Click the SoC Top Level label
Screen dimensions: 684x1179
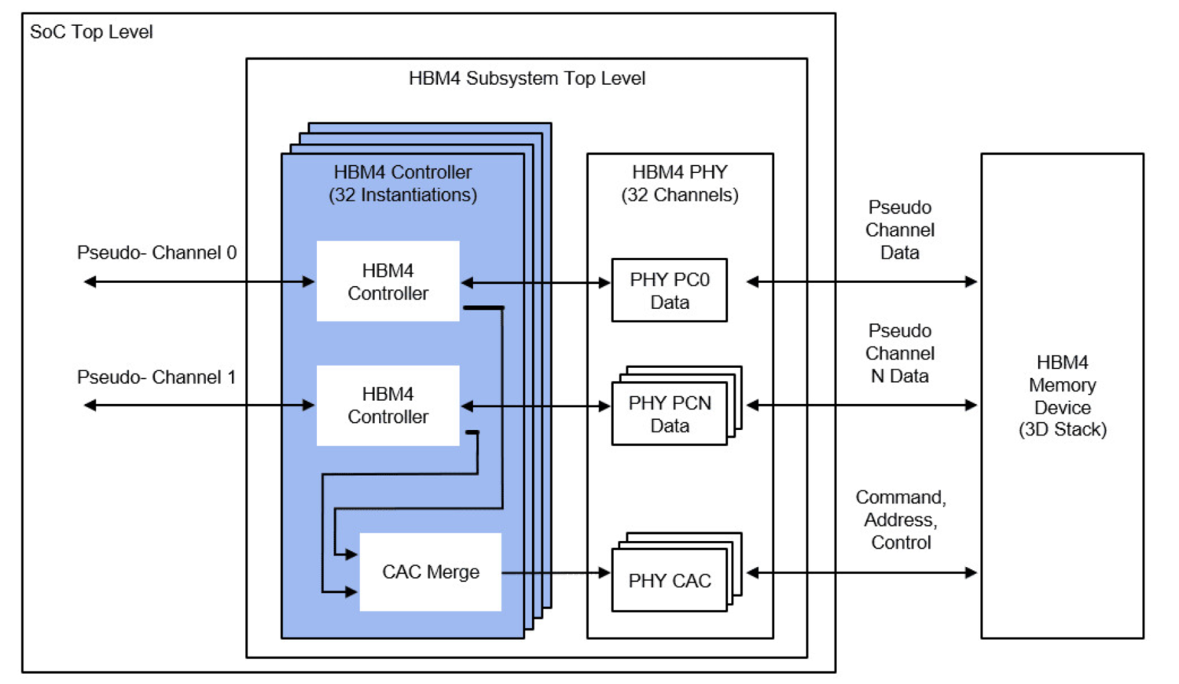91,32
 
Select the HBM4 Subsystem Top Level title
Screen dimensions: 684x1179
527,79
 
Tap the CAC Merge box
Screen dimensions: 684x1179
430,572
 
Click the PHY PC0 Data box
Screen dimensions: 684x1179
669,291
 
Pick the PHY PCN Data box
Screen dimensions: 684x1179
669,414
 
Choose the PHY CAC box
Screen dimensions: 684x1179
669,581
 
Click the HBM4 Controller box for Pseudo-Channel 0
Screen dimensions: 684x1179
387,281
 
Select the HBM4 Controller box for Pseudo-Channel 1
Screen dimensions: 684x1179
387,406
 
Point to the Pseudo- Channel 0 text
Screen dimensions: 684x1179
156,253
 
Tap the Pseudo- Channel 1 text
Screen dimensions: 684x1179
156,377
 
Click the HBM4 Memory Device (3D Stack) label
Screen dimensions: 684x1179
1062,396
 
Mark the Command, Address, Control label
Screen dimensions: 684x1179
901,520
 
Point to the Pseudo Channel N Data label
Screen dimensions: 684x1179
900,354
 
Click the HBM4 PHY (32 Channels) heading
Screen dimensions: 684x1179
680,183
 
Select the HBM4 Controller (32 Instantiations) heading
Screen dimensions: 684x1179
402,183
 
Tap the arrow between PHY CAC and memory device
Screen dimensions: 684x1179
861,573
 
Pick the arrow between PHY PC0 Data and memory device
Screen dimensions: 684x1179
861,281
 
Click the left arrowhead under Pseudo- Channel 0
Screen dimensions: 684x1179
90,281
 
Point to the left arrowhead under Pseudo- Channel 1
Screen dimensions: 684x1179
90,406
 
